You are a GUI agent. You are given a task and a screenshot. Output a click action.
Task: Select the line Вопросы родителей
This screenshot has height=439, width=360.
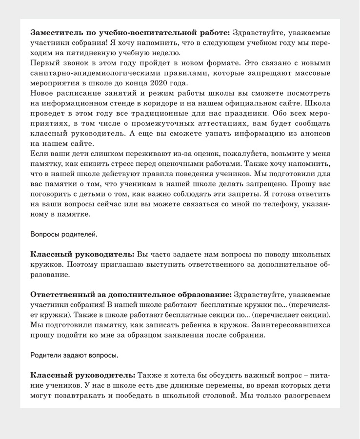pyautogui.click(x=63, y=234)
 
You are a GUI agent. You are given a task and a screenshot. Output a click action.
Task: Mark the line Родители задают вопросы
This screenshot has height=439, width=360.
pyautogui.click(x=74, y=355)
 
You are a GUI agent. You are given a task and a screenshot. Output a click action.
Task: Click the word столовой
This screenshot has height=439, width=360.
pyautogui.click(x=213, y=395)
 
